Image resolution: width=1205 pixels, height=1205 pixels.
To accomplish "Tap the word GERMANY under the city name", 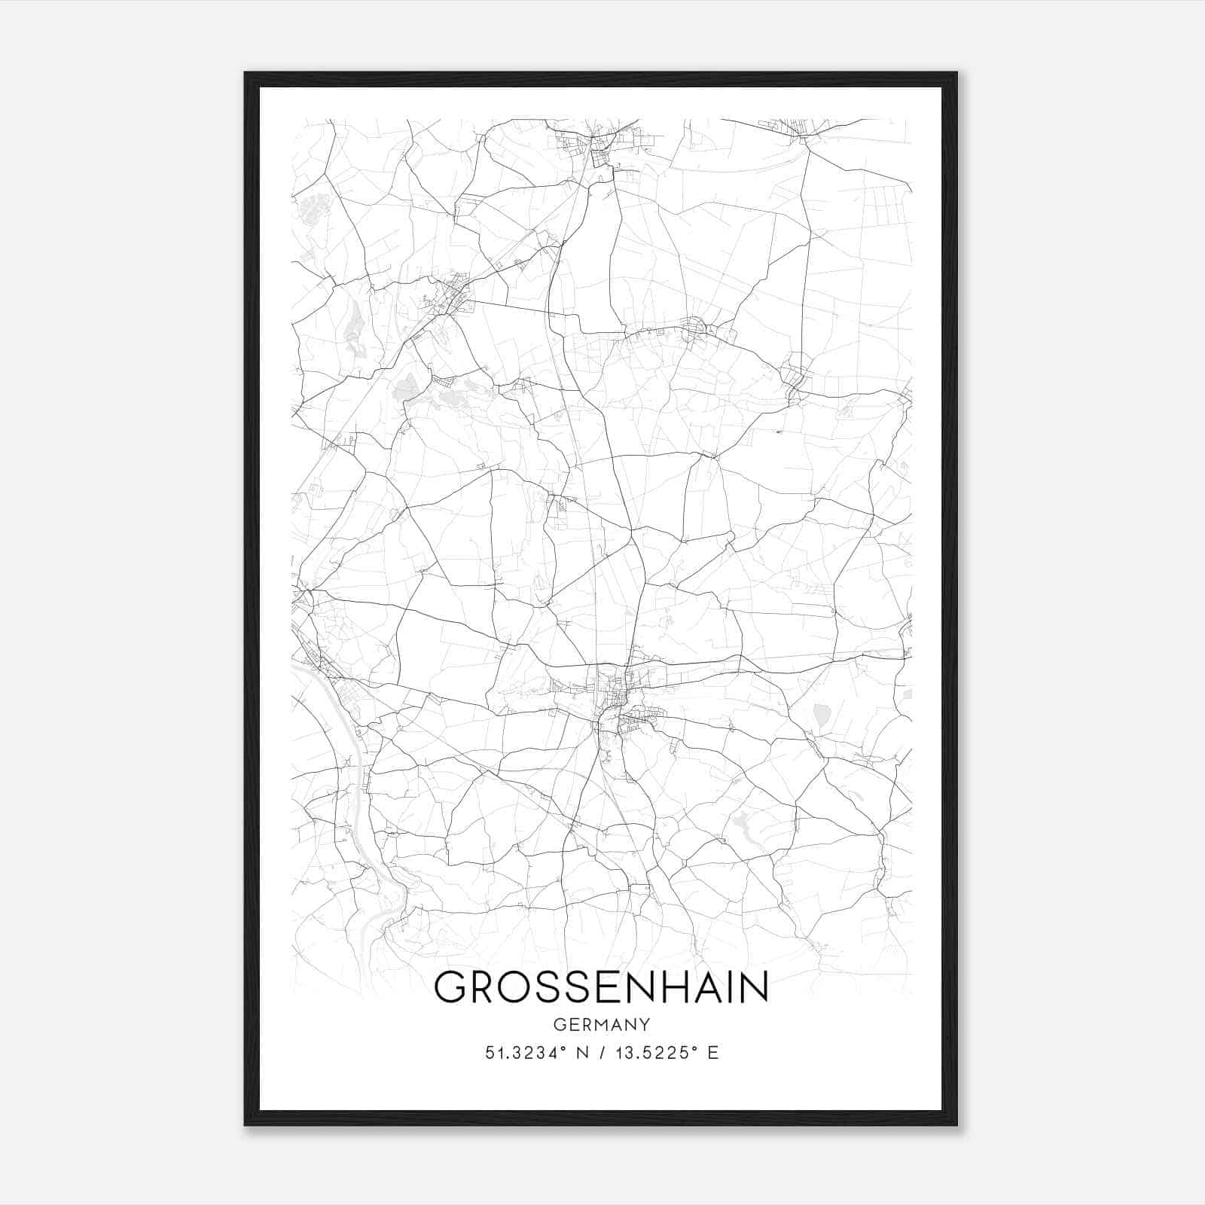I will pyautogui.click(x=601, y=1025).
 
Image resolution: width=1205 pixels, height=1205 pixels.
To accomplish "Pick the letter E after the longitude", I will pyautogui.click(x=712, y=1053).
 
